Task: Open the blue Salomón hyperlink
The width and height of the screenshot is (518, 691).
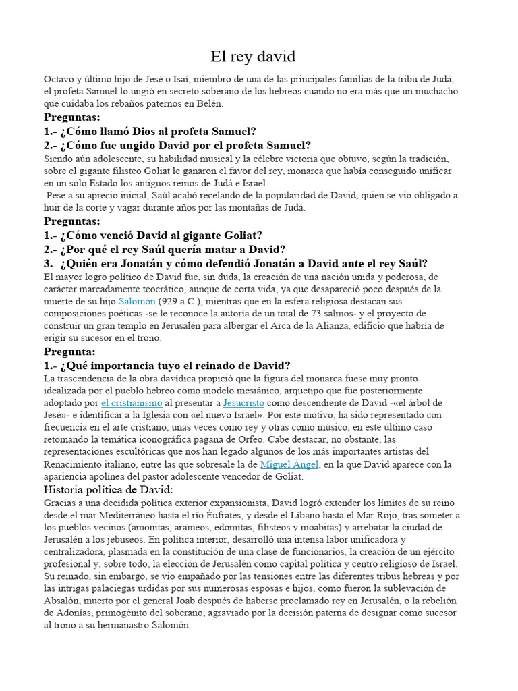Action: pyautogui.click(x=137, y=301)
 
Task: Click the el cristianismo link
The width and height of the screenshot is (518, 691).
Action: pyautogui.click(x=132, y=403)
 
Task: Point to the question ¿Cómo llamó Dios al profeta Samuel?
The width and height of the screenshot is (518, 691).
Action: pyautogui.click(x=150, y=131)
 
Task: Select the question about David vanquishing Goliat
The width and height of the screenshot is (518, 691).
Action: pyautogui.click(x=153, y=236)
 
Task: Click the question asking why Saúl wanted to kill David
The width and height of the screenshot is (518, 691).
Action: pyautogui.click(x=165, y=250)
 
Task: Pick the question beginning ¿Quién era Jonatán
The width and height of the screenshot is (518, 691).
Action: pyautogui.click(x=235, y=263)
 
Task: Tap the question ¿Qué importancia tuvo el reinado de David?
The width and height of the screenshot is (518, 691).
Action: pyautogui.click(x=167, y=365)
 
